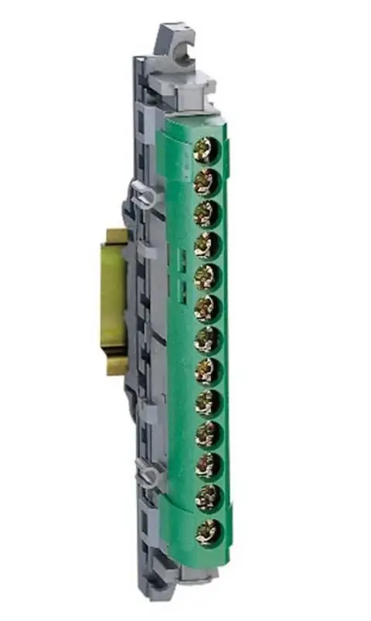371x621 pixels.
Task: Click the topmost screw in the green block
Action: tap(206, 150)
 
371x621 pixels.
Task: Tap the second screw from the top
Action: tap(206, 181)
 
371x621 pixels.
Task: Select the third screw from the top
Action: tap(206, 213)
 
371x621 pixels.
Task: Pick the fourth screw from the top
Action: tap(206, 245)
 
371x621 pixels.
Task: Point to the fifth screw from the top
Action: tap(206, 276)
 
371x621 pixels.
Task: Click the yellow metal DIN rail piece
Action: tap(113, 301)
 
